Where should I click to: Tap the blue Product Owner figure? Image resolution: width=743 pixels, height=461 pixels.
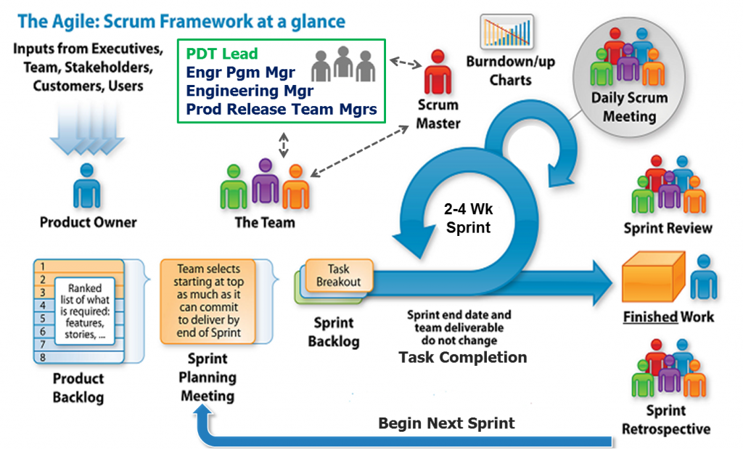click(87, 186)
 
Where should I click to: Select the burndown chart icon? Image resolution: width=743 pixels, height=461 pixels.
click(506, 32)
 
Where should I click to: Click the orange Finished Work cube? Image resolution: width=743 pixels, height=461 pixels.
click(654, 277)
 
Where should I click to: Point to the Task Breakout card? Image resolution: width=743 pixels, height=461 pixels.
click(339, 275)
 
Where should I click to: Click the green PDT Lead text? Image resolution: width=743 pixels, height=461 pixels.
click(222, 54)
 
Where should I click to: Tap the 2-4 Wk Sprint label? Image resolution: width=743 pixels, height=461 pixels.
click(468, 219)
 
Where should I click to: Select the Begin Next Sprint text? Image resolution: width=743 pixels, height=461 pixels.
click(446, 423)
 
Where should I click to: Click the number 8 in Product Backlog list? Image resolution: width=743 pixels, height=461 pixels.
click(43, 357)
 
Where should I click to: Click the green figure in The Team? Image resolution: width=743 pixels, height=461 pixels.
click(234, 187)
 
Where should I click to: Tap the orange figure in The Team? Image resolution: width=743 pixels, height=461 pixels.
click(296, 187)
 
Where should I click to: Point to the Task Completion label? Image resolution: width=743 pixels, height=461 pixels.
click(462, 357)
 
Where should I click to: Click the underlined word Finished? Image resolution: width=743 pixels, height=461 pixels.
click(650, 317)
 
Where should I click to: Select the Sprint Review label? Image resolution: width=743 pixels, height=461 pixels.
click(668, 228)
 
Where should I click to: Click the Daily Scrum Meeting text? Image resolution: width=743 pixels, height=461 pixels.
click(629, 107)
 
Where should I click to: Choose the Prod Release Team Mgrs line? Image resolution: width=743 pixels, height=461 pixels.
click(282, 109)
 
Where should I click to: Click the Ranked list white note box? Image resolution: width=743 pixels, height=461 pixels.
click(85, 311)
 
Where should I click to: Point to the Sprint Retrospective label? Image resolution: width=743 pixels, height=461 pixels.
click(666, 420)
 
